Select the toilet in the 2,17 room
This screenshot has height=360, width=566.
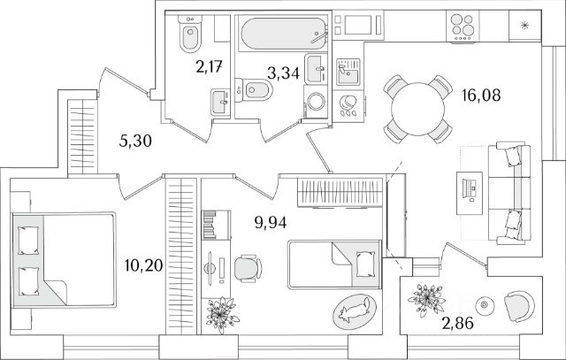[x=187, y=36]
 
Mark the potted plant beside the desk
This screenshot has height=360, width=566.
[x=218, y=311]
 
